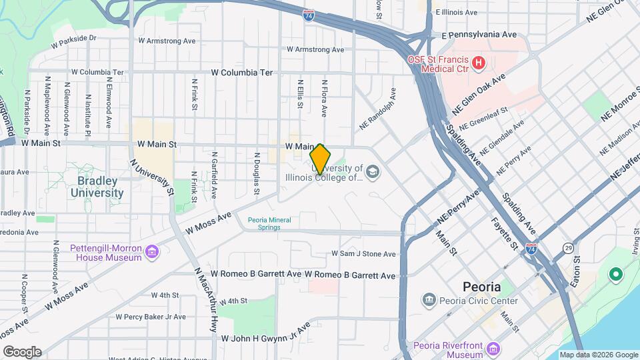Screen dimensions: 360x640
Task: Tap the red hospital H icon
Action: tap(477, 63)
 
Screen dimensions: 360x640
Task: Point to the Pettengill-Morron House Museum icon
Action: tap(153, 251)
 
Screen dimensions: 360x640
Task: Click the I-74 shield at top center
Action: tap(309, 15)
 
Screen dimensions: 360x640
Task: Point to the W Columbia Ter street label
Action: tap(242, 72)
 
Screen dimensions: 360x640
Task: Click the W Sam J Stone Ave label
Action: tap(363, 254)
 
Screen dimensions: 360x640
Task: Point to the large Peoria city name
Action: tap(481, 287)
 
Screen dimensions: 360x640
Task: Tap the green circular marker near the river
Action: tap(616, 274)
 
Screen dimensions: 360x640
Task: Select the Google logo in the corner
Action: tap(22, 351)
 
